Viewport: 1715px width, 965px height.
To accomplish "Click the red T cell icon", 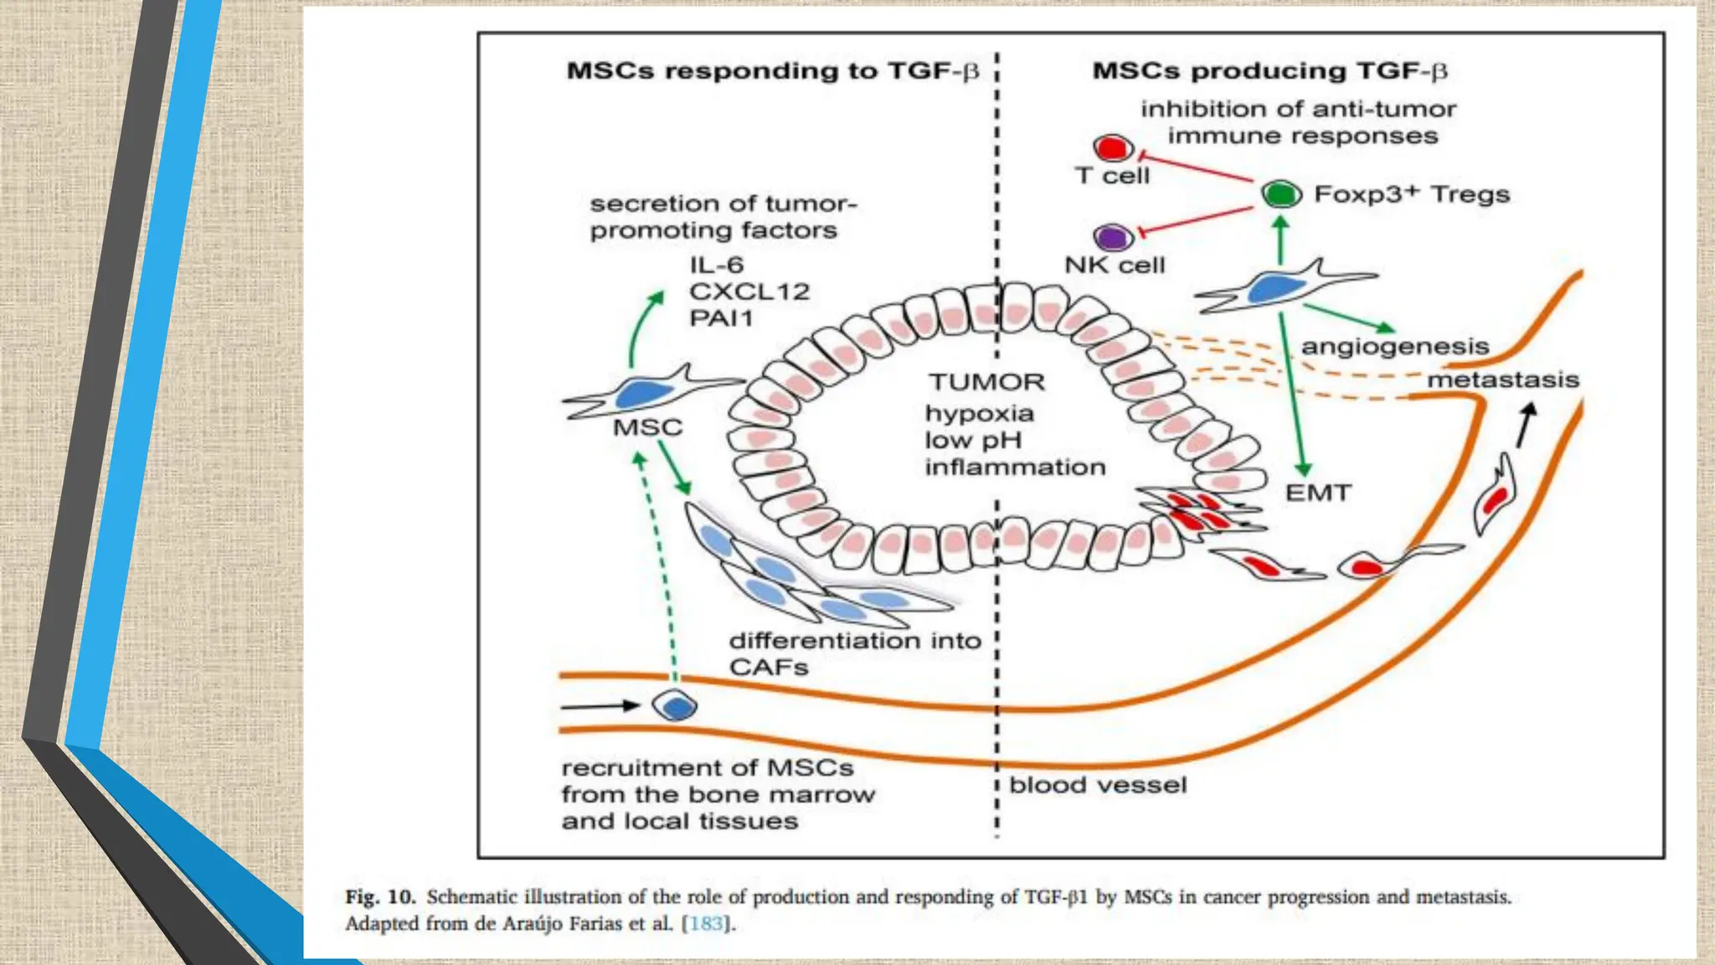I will click(1113, 148).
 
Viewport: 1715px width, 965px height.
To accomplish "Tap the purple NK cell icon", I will click(1113, 238).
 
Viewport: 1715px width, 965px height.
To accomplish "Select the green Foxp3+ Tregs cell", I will click(1281, 194).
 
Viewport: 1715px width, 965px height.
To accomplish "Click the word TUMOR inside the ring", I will click(986, 382).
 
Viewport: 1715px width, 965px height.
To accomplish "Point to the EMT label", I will click(1318, 493).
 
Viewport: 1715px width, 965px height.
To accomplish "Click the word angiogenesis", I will click(1394, 346).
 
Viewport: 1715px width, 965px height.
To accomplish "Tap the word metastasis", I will click(1502, 379).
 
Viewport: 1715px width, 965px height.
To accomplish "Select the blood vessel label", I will click(1098, 785).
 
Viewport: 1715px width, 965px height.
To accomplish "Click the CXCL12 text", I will click(749, 292).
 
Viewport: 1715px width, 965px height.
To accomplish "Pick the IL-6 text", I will click(717, 265).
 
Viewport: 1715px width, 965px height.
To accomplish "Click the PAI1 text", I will click(721, 318).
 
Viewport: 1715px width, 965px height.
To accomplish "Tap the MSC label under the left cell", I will click(647, 427).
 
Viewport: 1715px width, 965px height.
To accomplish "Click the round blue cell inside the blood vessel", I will click(675, 706).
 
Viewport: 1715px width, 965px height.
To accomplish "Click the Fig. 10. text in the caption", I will click(380, 896).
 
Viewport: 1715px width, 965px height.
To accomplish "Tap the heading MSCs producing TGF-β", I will click(1270, 70).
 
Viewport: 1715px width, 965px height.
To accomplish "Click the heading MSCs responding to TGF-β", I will click(772, 70).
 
